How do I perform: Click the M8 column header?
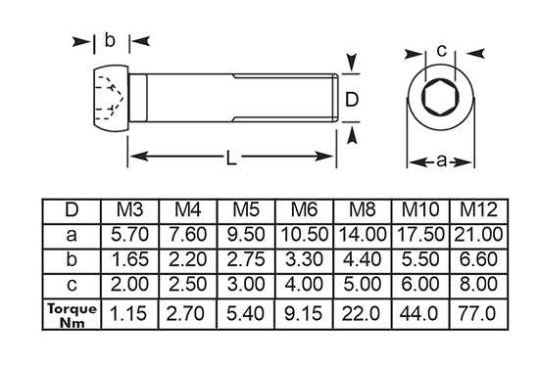[x=362, y=209]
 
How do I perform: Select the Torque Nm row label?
[x=72, y=315]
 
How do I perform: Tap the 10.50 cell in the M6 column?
[x=304, y=235]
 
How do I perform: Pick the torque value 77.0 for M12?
[x=478, y=313]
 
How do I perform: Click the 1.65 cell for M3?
[x=130, y=259]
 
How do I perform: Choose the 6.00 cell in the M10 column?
[x=419, y=284]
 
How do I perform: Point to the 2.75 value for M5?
[x=246, y=259]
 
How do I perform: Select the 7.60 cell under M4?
[x=188, y=235]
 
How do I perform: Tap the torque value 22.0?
[x=362, y=313]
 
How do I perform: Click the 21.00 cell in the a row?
[x=478, y=235]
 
